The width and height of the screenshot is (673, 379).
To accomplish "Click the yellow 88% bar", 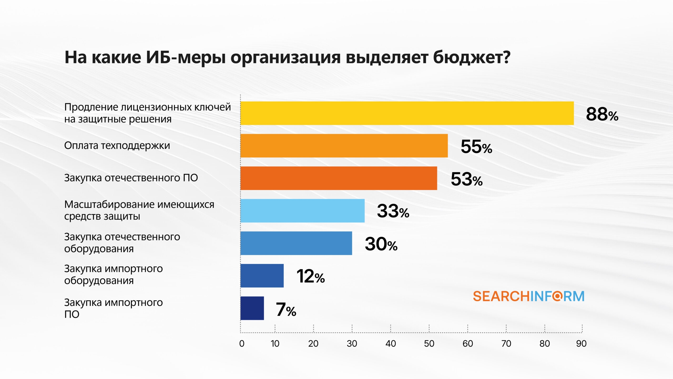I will click(x=407, y=113).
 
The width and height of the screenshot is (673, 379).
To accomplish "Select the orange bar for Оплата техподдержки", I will click(x=344, y=146).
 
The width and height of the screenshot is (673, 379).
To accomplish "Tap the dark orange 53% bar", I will click(x=339, y=178).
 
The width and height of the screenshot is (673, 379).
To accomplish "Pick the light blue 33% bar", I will click(x=302, y=211).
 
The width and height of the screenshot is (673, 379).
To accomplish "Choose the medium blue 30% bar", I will click(x=296, y=243).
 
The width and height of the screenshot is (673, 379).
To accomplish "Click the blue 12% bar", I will click(x=262, y=276).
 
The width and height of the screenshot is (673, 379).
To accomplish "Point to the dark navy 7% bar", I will click(x=252, y=308).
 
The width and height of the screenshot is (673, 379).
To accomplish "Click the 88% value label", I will click(x=602, y=114).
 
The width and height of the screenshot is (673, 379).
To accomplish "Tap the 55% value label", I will click(x=476, y=147).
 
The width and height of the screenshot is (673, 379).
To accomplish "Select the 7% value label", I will click(x=285, y=310).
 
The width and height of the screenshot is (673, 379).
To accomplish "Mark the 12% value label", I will click(x=310, y=276).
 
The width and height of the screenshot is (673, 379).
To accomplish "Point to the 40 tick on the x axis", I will click(x=390, y=343).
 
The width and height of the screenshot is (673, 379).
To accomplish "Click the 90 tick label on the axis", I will click(x=581, y=343).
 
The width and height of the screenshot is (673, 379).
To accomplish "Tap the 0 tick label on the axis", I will click(x=242, y=343).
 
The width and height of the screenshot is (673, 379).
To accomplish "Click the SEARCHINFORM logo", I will click(x=528, y=296).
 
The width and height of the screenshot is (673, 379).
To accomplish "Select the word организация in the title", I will click(x=285, y=57).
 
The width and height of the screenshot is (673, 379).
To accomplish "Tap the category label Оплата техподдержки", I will click(x=117, y=146).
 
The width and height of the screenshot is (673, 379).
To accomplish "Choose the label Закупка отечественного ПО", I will click(x=131, y=178).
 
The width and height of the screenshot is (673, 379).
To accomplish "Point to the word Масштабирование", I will click(x=107, y=204).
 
